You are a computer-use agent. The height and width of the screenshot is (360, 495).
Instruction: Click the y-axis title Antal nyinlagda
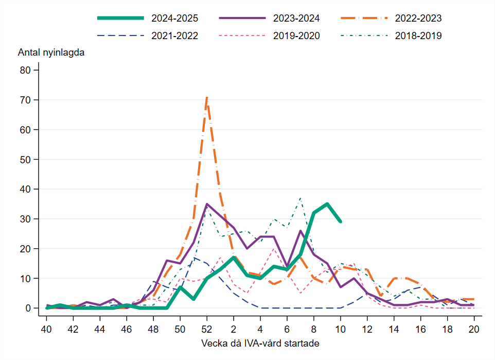point(51,53)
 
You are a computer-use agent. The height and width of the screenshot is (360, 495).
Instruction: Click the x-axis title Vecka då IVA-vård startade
point(260,343)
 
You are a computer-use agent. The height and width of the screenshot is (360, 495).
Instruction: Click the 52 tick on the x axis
point(207,329)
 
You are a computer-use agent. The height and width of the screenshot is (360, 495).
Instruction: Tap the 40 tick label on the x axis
point(46,329)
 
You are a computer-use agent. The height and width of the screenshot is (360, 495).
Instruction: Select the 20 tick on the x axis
point(474,329)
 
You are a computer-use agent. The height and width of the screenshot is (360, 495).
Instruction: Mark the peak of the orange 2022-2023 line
point(207,97)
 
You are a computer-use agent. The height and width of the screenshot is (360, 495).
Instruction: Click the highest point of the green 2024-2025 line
point(327,204)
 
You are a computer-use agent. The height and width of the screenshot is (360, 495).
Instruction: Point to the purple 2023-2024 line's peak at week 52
point(207,204)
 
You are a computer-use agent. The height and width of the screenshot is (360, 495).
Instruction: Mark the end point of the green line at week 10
point(340,221)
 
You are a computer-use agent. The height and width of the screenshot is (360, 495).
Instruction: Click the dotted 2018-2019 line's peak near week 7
point(300,198)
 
